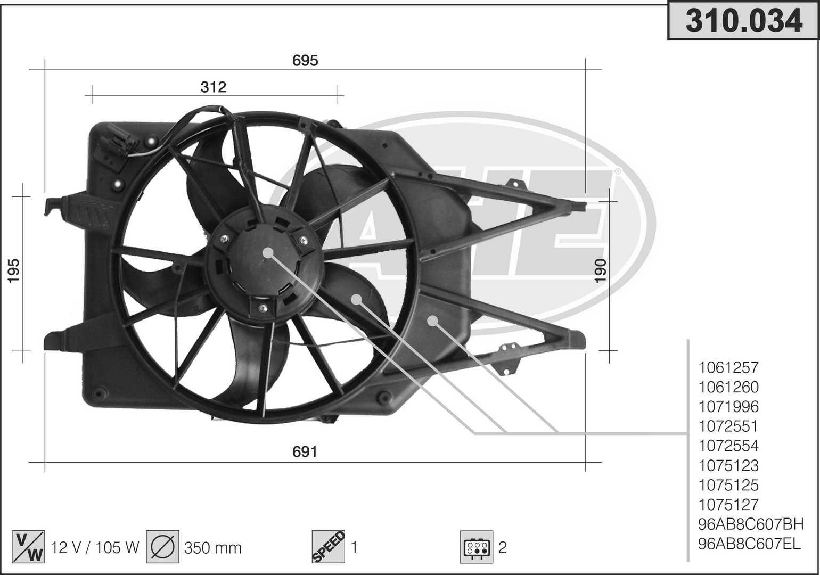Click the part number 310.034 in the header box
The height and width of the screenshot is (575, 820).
pyautogui.click(x=744, y=21)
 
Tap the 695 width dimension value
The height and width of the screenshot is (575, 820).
pyautogui.click(x=305, y=60)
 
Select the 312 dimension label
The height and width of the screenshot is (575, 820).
pyautogui.click(x=214, y=87)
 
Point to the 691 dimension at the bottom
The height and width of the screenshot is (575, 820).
pyautogui.click(x=305, y=451)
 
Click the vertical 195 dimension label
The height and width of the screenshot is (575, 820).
pyautogui.click(x=13, y=270)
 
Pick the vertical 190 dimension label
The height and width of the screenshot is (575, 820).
pyautogui.click(x=601, y=270)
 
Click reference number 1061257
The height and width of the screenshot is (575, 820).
pyautogui.click(x=728, y=367)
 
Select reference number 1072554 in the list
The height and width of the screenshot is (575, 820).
pyautogui.click(x=728, y=446)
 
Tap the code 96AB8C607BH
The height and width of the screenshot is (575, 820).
pyautogui.click(x=751, y=524)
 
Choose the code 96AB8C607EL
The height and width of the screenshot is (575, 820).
pyautogui.click(x=749, y=544)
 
